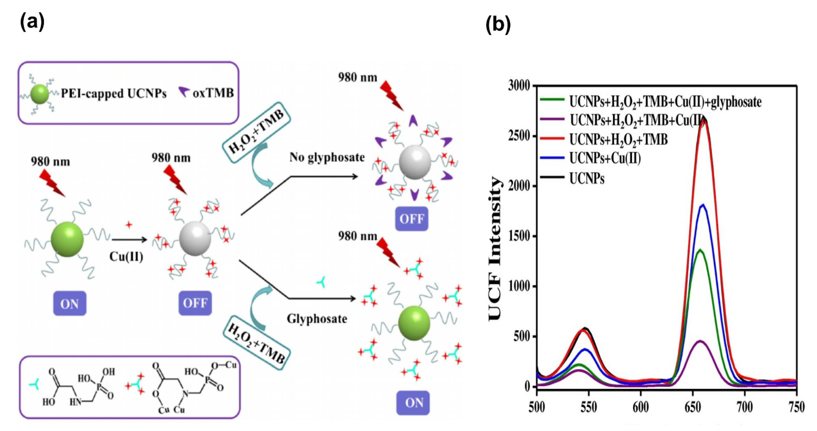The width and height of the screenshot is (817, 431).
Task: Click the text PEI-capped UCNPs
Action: click(x=114, y=94)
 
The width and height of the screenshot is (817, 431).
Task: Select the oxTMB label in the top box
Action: click(x=213, y=93)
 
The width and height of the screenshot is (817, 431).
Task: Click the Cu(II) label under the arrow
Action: click(x=126, y=256)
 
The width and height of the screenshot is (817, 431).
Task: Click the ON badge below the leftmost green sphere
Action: click(x=69, y=304)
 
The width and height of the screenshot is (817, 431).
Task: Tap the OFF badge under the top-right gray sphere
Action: click(x=412, y=219)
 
